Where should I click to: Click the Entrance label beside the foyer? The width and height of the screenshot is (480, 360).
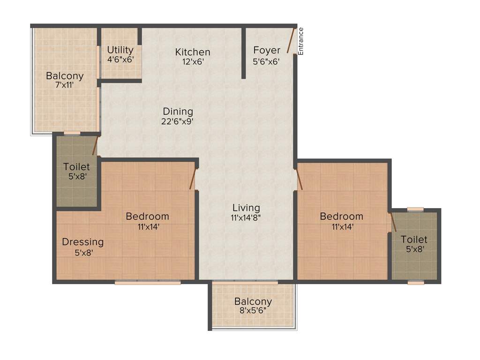point(301,41)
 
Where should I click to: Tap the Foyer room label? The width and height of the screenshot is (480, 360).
point(267,50)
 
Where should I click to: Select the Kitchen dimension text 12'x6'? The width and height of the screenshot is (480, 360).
point(192,61)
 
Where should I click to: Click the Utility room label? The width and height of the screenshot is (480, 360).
point(120,50)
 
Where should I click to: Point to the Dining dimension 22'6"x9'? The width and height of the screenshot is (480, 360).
point(178,121)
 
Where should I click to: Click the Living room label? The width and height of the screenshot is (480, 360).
point(246,208)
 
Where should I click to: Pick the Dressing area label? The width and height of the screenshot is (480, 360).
point(82,242)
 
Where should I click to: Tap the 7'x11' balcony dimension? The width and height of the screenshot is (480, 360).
point(64,85)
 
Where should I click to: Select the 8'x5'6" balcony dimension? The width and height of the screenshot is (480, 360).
point(253,311)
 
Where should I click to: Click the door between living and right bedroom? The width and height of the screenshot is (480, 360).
point(299,180)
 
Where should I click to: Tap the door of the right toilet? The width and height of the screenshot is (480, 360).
point(393,222)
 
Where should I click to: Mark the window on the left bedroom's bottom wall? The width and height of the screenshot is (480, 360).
point(148,283)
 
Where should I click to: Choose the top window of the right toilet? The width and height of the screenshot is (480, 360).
point(415,209)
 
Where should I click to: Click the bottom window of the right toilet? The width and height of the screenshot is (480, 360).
point(416,283)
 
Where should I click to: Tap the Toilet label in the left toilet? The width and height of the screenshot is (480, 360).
point(76,166)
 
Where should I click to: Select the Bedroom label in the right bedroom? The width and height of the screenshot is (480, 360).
point(341,216)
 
